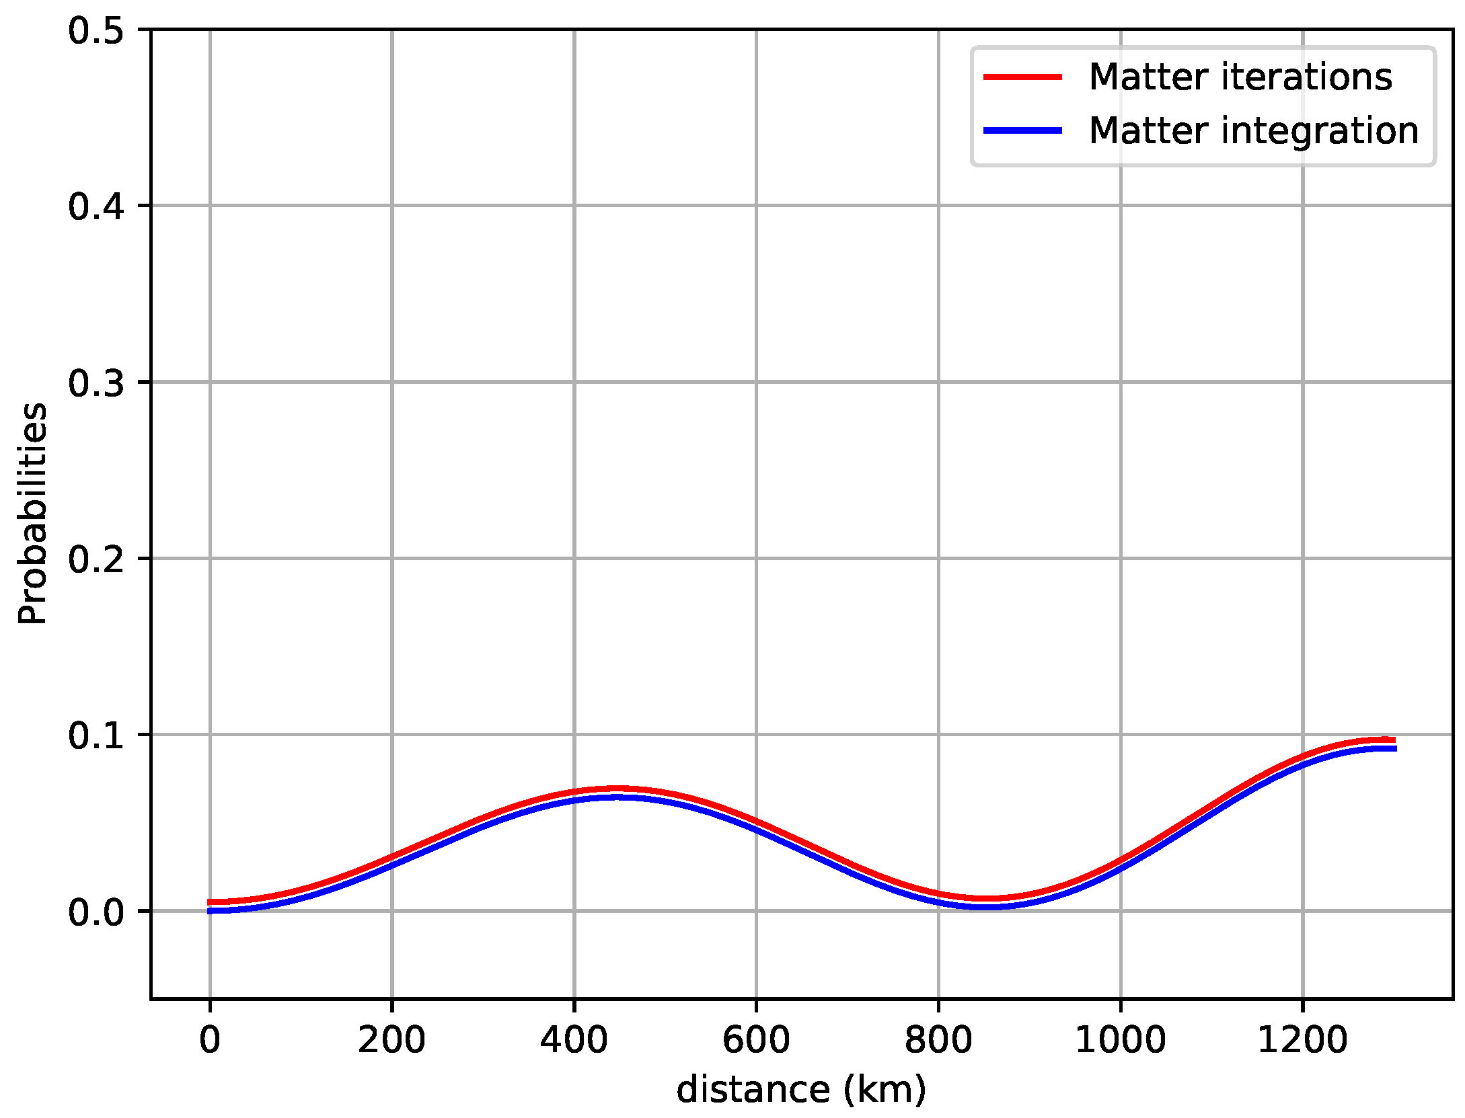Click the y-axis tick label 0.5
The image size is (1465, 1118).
coord(96,32)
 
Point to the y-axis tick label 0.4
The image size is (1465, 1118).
coord(96,206)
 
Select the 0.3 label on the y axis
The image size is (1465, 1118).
coord(96,383)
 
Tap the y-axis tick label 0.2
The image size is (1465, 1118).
coord(96,559)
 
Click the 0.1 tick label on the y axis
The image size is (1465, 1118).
coord(96,735)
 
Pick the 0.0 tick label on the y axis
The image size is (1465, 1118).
coord(96,912)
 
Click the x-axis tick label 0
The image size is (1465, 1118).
coord(210,1040)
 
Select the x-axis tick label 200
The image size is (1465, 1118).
coord(391,1040)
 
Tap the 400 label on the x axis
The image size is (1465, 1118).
coord(574,1040)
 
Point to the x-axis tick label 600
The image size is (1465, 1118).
coord(756,1040)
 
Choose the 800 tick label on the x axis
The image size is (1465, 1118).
coord(938,1040)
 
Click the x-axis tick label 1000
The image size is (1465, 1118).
coord(1121,1040)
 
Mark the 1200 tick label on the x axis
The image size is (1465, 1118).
coord(1303,1040)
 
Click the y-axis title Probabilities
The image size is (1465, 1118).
coord(32,514)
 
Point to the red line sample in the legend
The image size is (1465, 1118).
coord(1022,77)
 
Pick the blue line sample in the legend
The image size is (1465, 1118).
coord(1022,130)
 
